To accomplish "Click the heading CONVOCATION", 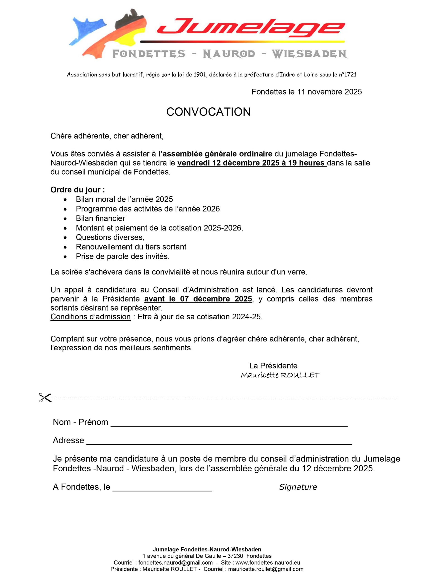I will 208,112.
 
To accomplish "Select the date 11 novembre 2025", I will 329,92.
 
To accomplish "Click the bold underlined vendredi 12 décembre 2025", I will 252,163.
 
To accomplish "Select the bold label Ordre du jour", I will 77,190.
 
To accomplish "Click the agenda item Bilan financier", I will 100,218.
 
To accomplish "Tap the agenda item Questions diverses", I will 110,237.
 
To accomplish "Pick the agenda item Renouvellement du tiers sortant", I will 131,247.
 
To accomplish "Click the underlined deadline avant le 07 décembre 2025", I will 198,299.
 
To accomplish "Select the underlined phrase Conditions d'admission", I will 90,317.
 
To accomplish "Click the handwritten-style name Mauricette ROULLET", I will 280,375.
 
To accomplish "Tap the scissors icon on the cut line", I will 45,398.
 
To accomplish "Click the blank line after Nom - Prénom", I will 229,425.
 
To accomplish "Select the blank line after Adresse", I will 219,444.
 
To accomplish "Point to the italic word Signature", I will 298,487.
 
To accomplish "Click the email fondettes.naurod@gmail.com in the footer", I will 175,563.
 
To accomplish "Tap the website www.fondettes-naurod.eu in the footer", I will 268,563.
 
